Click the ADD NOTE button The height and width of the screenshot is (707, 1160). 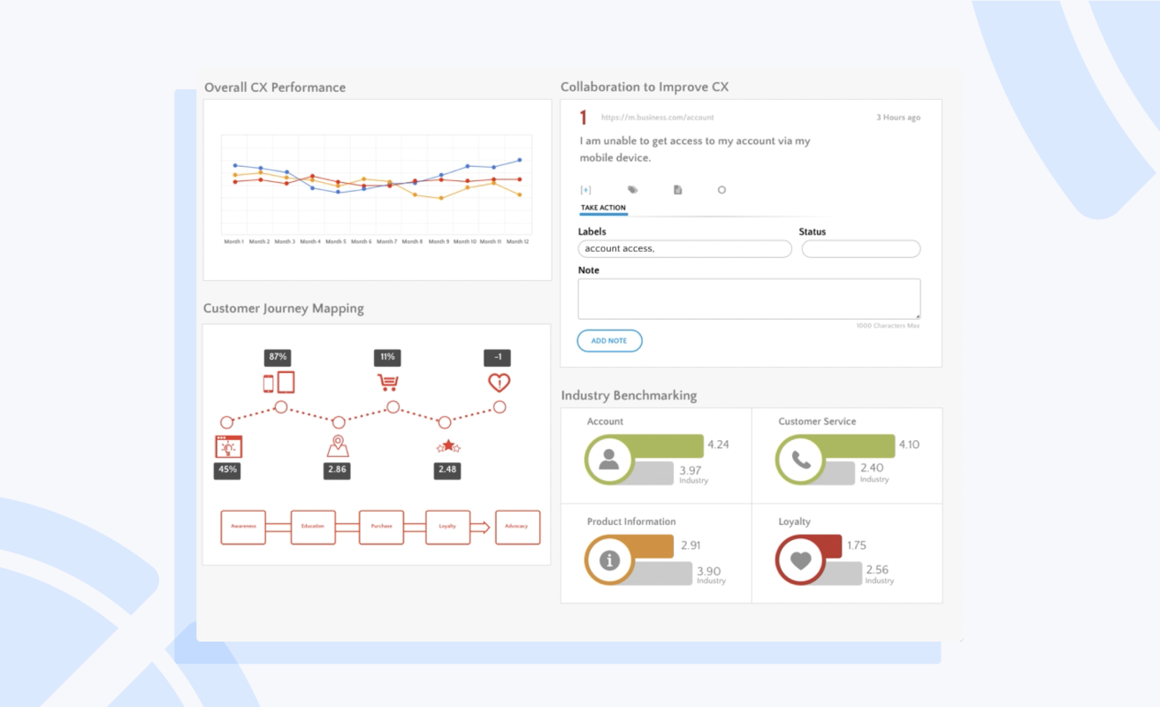[x=609, y=340]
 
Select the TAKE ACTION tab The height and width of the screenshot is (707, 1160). [x=603, y=208]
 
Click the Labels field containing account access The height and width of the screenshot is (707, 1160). [x=684, y=249]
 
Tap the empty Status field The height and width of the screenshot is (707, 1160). [x=860, y=249]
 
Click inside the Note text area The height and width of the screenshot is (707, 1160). [x=748, y=299]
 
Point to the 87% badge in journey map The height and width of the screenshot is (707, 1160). [x=278, y=357]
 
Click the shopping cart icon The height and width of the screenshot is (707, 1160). [x=387, y=383]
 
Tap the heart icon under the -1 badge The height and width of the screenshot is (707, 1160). [x=499, y=383]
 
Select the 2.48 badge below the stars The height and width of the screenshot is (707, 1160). [x=447, y=469]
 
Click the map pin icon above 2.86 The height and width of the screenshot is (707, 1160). [x=337, y=446]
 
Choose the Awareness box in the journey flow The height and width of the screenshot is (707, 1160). [x=243, y=527]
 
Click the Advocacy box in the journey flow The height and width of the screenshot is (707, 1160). [x=517, y=527]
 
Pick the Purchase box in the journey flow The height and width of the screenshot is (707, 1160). [x=381, y=527]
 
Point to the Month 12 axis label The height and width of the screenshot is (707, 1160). [x=517, y=241]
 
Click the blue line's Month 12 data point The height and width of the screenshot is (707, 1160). [x=520, y=160]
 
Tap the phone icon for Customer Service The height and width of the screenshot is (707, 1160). [x=800, y=460]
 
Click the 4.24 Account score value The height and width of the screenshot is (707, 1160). [x=718, y=445]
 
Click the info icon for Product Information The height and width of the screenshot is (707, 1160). [x=609, y=560]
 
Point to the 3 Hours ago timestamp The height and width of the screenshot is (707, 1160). [x=897, y=118]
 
